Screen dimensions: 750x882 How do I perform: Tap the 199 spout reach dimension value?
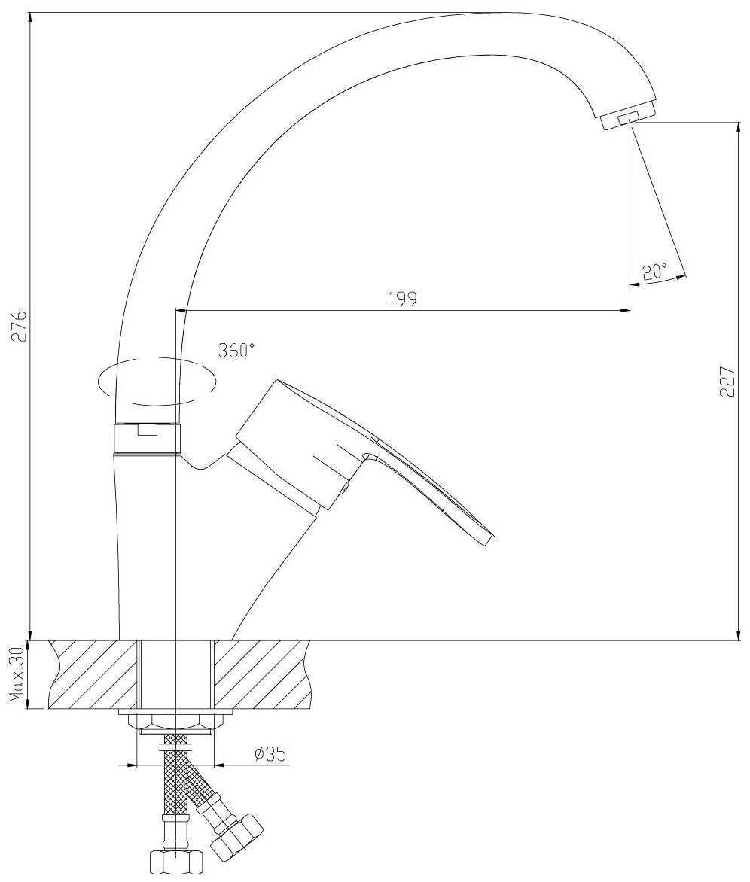[x=403, y=299]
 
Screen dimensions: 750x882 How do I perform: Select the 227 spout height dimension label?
[x=727, y=382]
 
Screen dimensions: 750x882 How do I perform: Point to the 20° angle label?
[x=654, y=272]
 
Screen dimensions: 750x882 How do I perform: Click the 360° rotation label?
[x=236, y=351]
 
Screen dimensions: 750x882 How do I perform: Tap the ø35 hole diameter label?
[x=270, y=754]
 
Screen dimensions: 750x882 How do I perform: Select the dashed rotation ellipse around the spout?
[x=157, y=380]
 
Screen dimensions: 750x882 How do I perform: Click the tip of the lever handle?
[x=489, y=540]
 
